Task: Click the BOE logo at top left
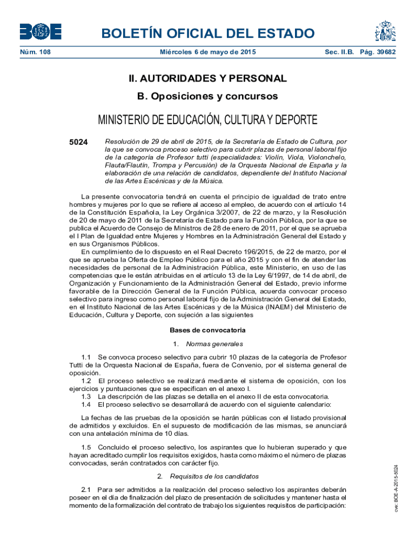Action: pyautogui.click(x=41, y=31)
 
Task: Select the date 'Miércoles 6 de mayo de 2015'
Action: pyautogui.click(x=208, y=52)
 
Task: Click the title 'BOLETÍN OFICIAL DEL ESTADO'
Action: pyautogui.click(x=208, y=34)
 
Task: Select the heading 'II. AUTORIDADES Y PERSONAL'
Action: pyautogui.click(x=208, y=79)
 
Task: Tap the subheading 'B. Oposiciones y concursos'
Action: pyautogui.click(x=208, y=97)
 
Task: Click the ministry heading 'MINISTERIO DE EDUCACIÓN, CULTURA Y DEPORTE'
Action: pyautogui.click(x=208, y=119)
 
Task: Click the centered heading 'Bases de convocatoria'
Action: pyautogui.click(x=208, y=330)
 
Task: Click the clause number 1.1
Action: pyautogui.click(x=86, y=358)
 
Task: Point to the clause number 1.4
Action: pyautogui.click(x=86, y=404)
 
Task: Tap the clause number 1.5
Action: pyautogui.click(x=86, y=447)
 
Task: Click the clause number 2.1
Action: pyautogui.click(x=86, y=489)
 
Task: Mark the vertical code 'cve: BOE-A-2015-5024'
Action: pyautogui.click(x=396, y=488)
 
